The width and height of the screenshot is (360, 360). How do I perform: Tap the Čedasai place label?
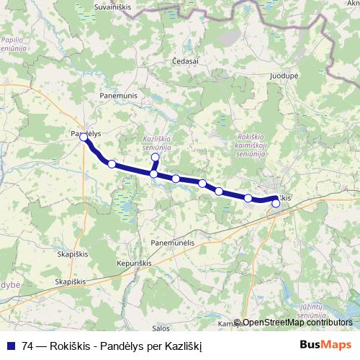(186, 62)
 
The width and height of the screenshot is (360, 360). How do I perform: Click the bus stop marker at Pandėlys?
(84, 136)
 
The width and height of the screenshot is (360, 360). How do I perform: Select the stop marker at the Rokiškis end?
(276, 203)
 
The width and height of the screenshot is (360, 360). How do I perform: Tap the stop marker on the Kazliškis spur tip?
(155, 157)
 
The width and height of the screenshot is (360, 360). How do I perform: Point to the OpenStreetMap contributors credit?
(297, 323)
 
